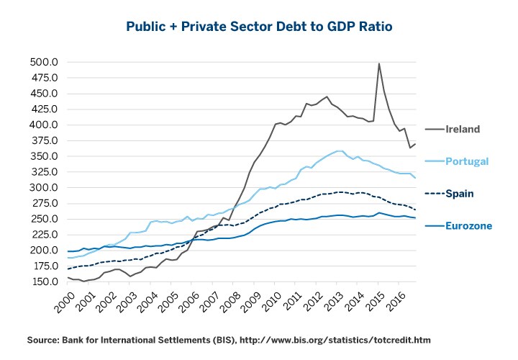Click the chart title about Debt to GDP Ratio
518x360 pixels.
(258, 27)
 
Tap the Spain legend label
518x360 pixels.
(459, 194)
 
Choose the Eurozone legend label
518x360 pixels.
(468, 226)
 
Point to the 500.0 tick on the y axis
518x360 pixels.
(45, 62)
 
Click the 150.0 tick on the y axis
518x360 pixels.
(45, 282)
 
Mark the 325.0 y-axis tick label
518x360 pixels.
(45, 172)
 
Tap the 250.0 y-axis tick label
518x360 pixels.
(45, 219)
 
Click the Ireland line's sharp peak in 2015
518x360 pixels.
(379, 63)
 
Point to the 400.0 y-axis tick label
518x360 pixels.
(45, 125)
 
